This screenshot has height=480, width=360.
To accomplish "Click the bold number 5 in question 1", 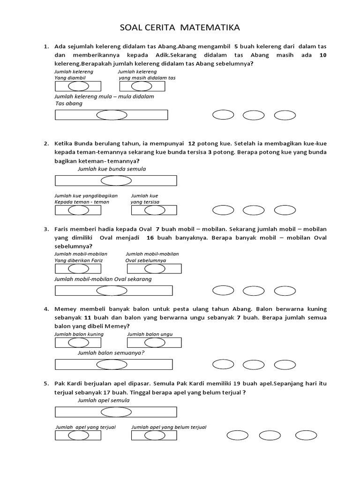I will [x=237, y=47].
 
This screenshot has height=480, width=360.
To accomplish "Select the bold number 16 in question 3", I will [x=150, y=238].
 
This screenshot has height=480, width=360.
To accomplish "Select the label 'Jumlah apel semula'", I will [x=104, y=401].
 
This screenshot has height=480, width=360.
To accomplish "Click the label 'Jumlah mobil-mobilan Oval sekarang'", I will [x=103, y=279].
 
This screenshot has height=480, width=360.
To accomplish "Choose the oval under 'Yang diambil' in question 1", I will [x=77, y=87].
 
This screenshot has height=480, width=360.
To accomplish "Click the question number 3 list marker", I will [x=46, y=229].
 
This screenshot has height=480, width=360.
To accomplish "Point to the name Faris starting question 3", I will [x=63, y=229].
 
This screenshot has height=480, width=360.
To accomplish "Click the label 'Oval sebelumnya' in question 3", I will [x=145, y=260].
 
